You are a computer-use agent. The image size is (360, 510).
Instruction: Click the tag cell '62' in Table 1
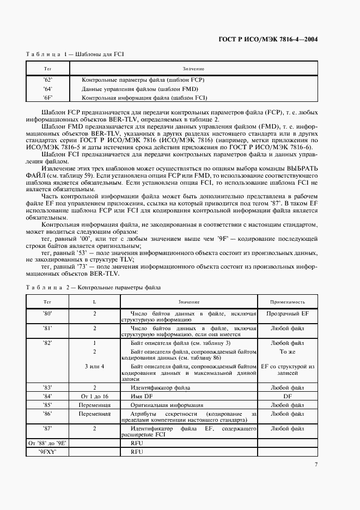coord(47,80)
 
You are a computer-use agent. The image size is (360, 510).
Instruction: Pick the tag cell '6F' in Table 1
coord(47,98)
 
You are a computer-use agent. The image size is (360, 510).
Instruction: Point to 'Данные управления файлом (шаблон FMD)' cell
coord(139,89)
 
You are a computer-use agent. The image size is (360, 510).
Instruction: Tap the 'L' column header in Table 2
coord(95,302)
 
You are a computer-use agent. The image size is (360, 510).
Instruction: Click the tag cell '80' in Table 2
coord(47,314)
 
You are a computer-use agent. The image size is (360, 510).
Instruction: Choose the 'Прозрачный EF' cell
coord(288,314)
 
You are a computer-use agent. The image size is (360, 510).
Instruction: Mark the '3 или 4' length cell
coord(95,367)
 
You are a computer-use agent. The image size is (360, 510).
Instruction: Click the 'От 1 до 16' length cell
coord(95,396)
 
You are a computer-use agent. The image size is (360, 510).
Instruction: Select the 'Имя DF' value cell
coord(141,396)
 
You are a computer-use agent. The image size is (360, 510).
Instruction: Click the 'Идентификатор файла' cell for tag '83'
coord(160,387)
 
